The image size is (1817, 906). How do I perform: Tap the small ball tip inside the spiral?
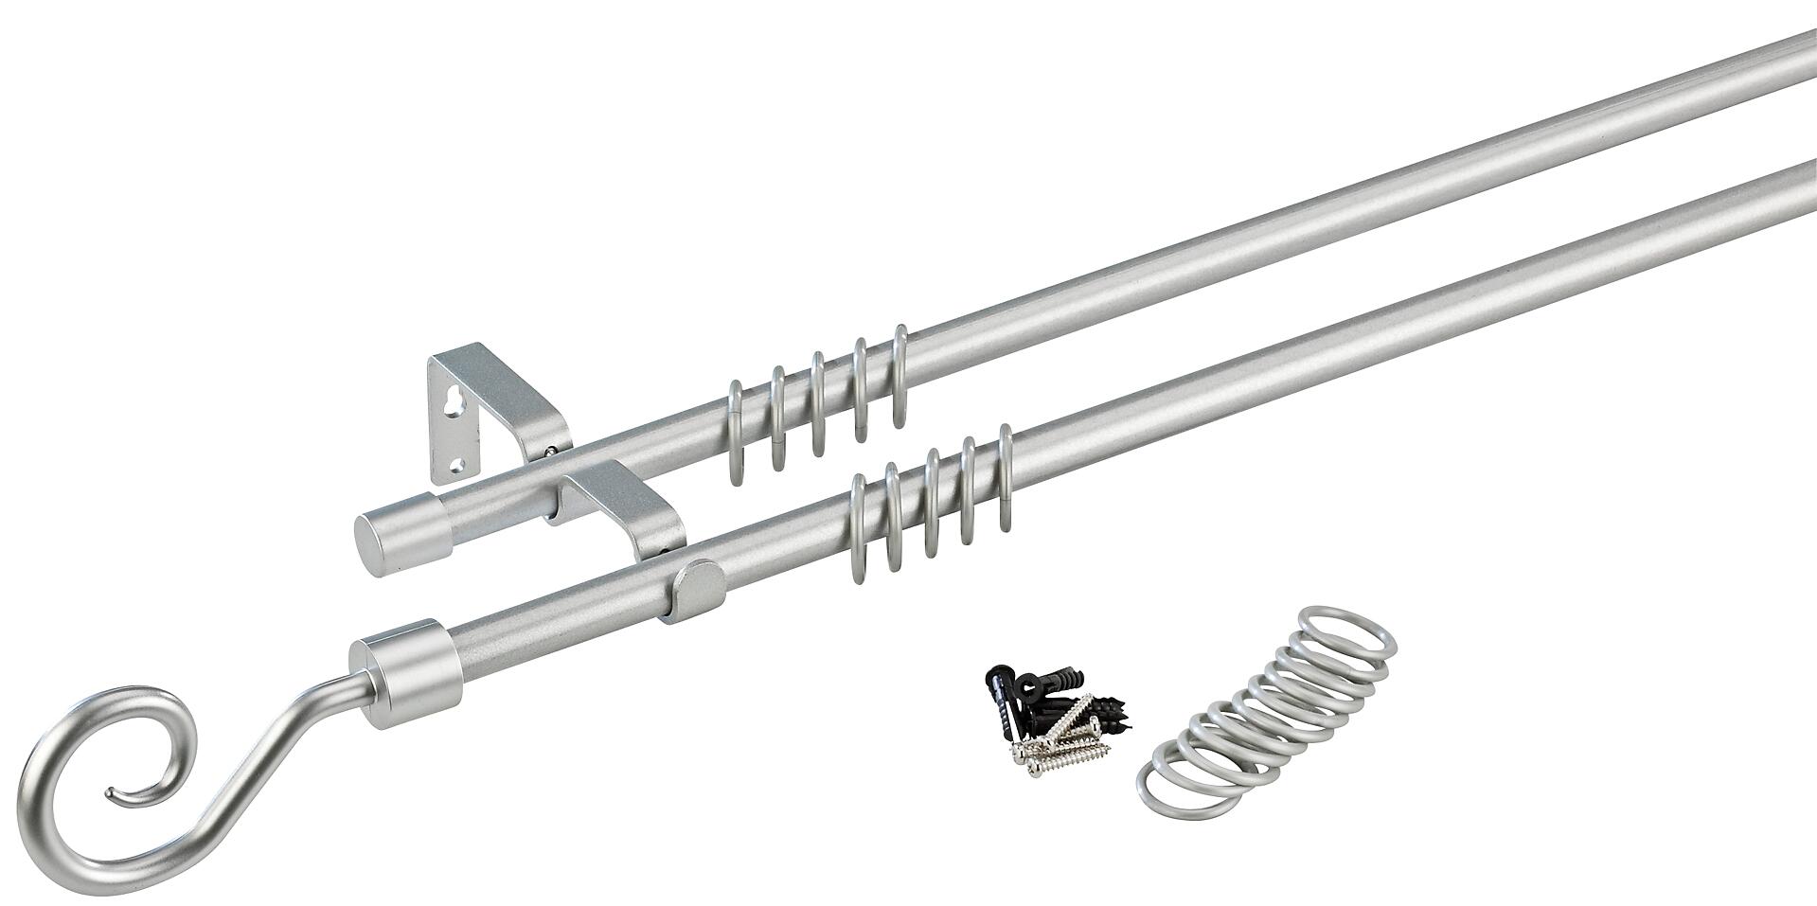111,791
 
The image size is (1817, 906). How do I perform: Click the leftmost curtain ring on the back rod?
735,431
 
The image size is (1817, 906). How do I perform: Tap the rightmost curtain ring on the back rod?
899,379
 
